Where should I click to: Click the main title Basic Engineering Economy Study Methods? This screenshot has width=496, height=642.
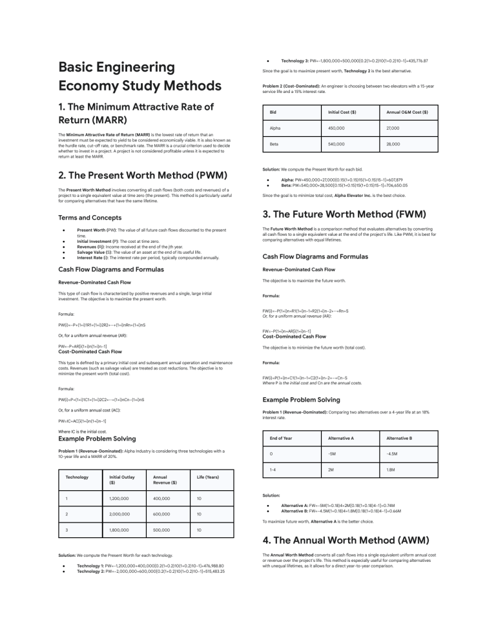click(x=139, y=76)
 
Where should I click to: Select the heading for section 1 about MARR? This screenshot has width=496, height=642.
click(x=136, y=112)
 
